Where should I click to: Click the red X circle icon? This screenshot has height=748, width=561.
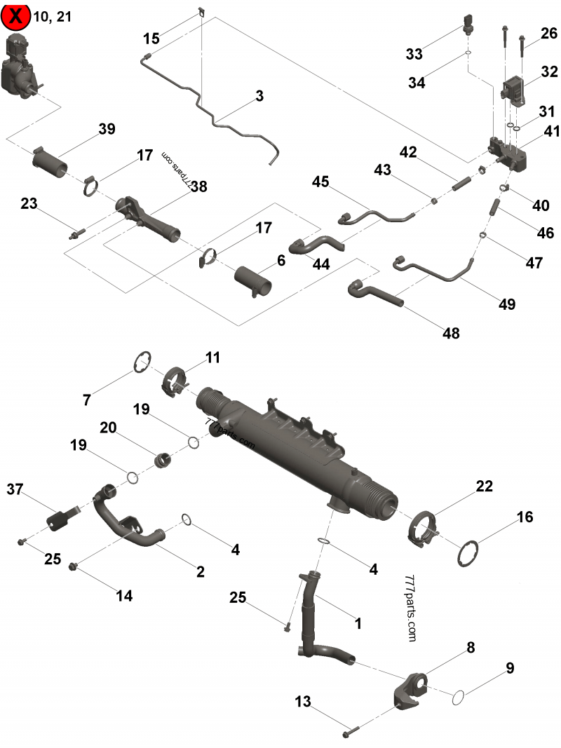[17, 16]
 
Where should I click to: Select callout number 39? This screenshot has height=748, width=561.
[107, 129]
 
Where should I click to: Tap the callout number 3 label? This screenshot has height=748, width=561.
[259, 96]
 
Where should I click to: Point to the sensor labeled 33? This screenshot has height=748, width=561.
[468, 23]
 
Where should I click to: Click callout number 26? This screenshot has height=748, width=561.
[548, 33]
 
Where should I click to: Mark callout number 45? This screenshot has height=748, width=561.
[320, 182]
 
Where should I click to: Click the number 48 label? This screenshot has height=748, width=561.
[451, 333]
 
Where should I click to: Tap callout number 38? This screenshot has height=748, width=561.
[199, 186]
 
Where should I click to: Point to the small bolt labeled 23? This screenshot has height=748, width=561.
[75, 234]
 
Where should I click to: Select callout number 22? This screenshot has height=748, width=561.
[483, 486]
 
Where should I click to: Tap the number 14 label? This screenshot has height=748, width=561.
[123, 595]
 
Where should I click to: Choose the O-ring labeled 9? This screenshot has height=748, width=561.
[459, 697]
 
